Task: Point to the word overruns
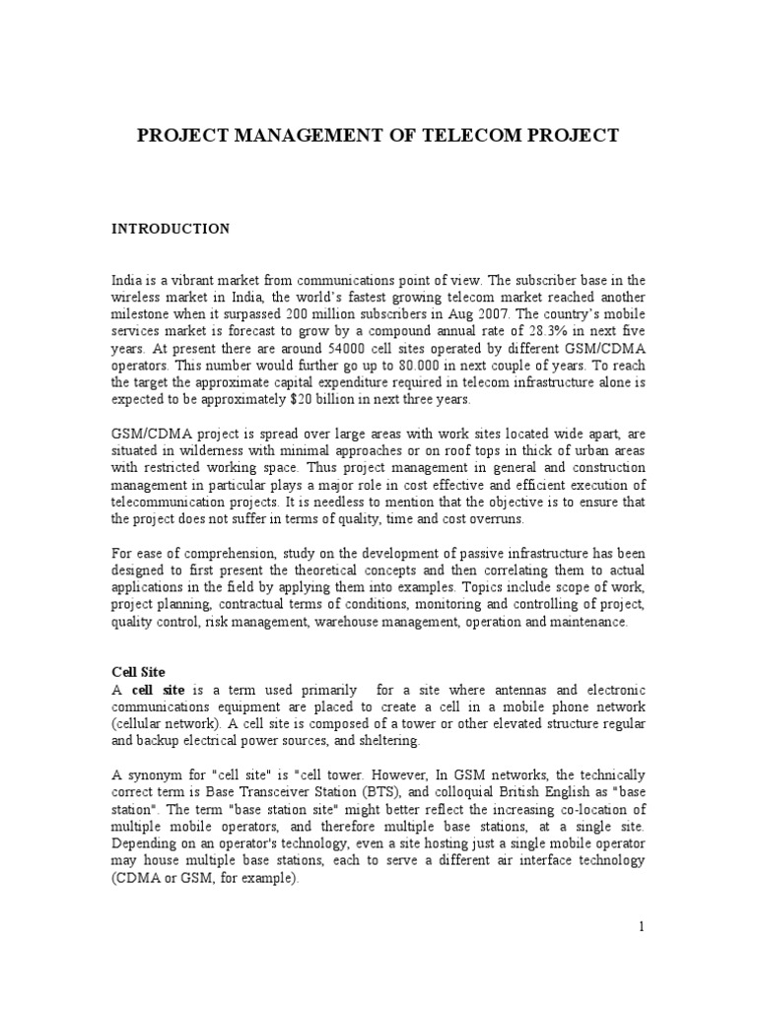pyautogui.click(x=498, y=518)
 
